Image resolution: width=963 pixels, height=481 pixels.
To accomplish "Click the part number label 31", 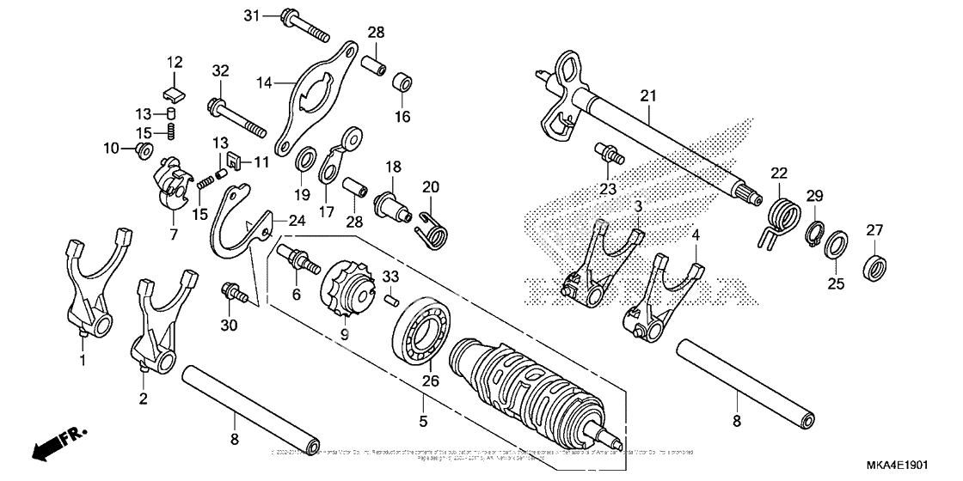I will pyautogui.click(x=251, y=15).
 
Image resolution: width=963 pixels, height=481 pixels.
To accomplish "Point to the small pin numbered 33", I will pyautogui.click(x=390, y=299).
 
